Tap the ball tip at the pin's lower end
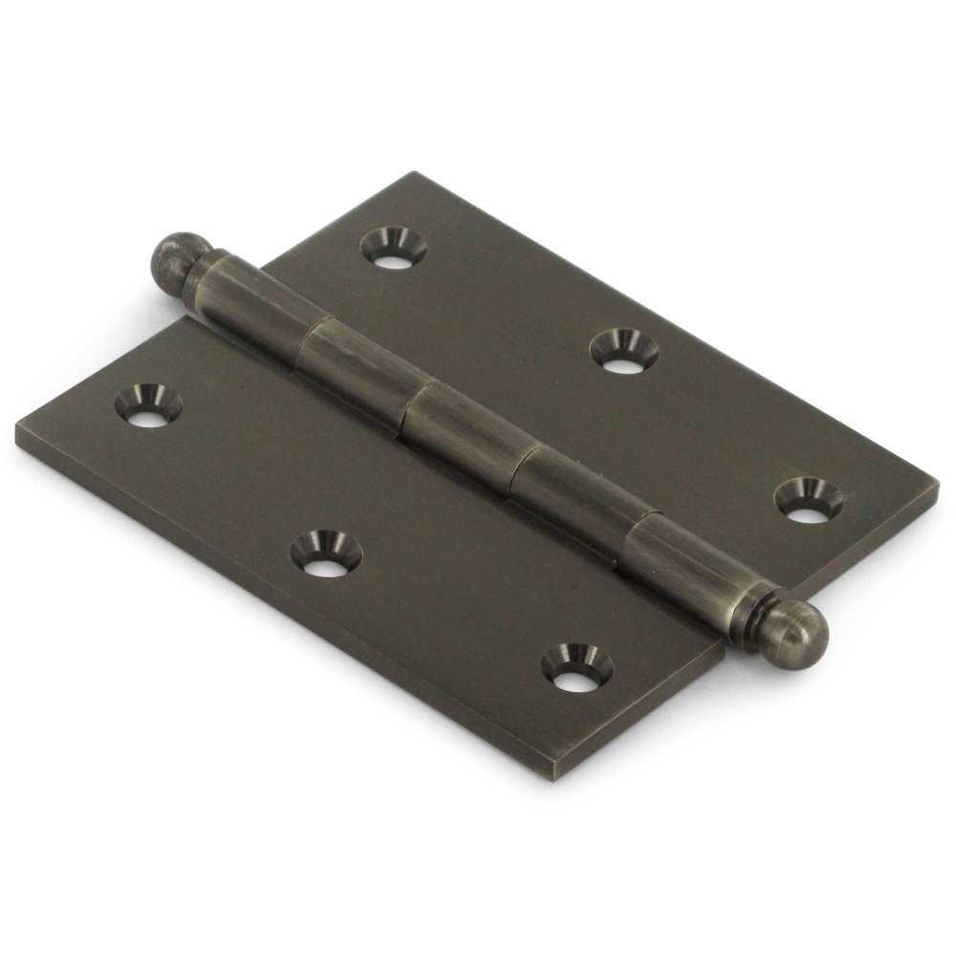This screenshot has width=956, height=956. pos(801,632)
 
